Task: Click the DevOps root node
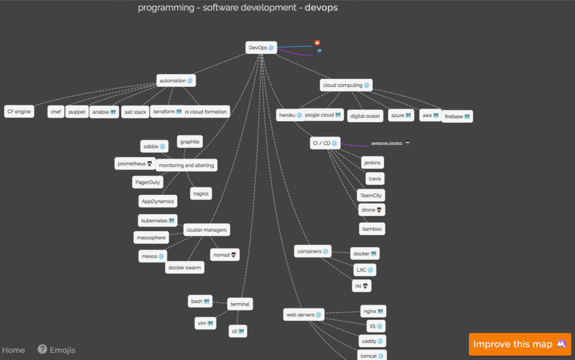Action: tap(261, 48)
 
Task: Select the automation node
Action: tap(176, 81)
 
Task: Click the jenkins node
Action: tap(372, 163)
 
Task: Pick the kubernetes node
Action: tap(157, 220)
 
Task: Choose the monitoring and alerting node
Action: tap(186, 165)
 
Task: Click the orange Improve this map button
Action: tap(520, 344)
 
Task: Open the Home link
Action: tap(13, 350)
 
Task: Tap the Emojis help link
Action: tap(57, 350)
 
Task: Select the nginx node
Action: tap(373, 311)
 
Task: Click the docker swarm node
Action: tap(184, 267)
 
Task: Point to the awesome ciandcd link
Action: tap(386, 143)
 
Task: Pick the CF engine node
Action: tap(19, 112)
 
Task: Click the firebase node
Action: tap(457, 116)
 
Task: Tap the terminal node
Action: tap(240, 304)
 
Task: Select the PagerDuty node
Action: tap(147, 182)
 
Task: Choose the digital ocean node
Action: tap(365, 116)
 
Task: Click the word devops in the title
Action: tap(321, 7)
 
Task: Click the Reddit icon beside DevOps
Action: tap(317, 43)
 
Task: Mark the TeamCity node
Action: tap(371, 195)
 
